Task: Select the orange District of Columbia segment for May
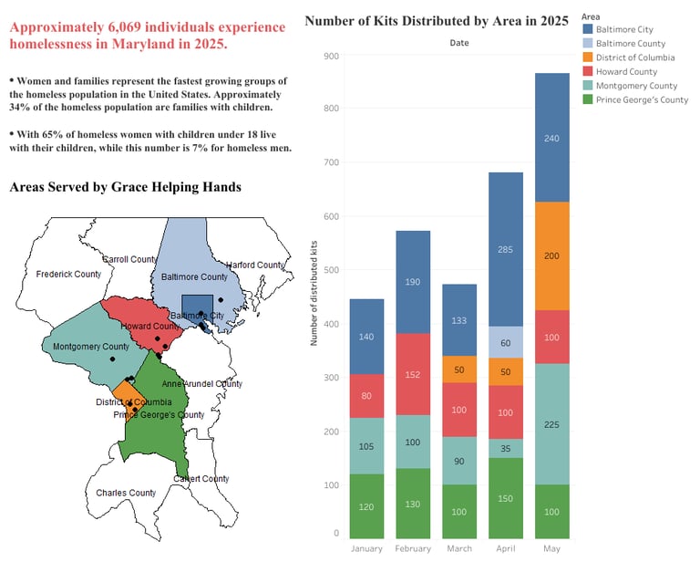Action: (551, 255)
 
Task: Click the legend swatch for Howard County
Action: (589, 71)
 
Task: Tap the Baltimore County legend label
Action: (631, 43)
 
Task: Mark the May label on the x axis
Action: (551, 549)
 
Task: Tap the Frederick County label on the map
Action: (68, 274)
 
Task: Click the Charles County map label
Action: (126, 493)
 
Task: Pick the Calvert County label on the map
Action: (201, 478)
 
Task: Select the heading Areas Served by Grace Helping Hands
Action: (125, 187)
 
